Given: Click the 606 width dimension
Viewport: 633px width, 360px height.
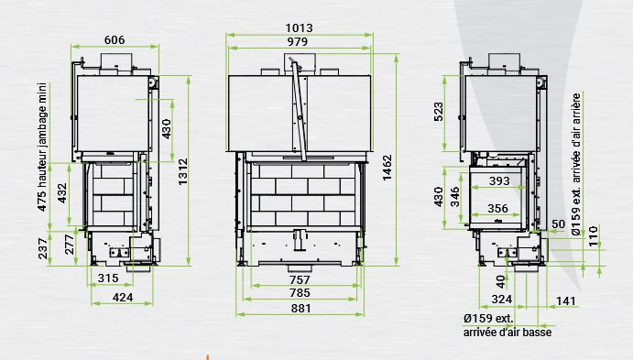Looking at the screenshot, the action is pos(115,40).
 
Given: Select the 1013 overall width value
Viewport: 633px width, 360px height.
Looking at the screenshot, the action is pos(300,27).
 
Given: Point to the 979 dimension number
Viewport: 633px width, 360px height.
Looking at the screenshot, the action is pos(298,41).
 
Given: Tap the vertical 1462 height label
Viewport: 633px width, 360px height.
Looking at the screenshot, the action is pos(387,168).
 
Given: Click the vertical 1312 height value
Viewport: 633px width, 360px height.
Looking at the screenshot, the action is pos(183,172).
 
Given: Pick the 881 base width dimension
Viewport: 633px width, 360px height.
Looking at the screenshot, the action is pos(301,309).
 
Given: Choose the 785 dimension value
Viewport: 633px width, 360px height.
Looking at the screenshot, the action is pos(300,293).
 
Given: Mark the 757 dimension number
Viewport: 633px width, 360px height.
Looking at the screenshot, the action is pos(300,279).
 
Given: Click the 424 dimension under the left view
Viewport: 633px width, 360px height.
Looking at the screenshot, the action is pos(123,298).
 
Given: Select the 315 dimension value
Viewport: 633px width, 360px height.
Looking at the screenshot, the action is pos(108,278).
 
